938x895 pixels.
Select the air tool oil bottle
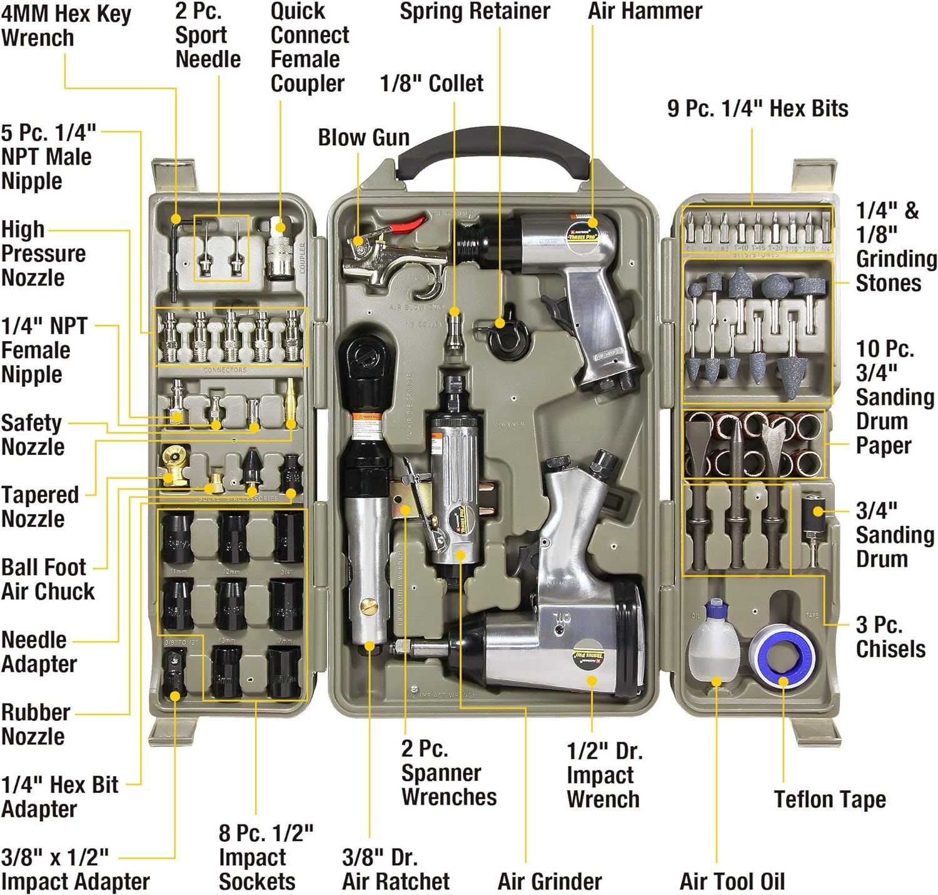click(714, 645)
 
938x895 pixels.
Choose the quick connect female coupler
click(280, 250)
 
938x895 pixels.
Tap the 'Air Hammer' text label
click(645, 11)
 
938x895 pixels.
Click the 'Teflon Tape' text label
click(830, 799)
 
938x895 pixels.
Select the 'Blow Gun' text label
click(363, 138)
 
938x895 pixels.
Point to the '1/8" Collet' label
click(431, 83)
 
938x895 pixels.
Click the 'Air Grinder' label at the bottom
click(549, 881)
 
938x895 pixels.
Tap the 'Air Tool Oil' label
click(732, 881)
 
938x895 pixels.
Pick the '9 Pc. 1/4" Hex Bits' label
click(757, 109)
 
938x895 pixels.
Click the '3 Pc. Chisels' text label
click(890, 637)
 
